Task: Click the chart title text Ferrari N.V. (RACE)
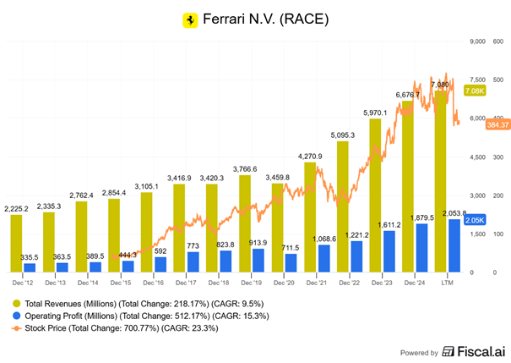(x=263, y=19)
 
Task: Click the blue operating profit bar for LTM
(x=454, y=245)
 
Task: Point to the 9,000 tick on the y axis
(x=479, y=41)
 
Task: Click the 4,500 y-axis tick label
(x=479, y=157)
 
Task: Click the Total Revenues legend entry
(x=117, y=302)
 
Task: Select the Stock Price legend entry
(x=109, y=329)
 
